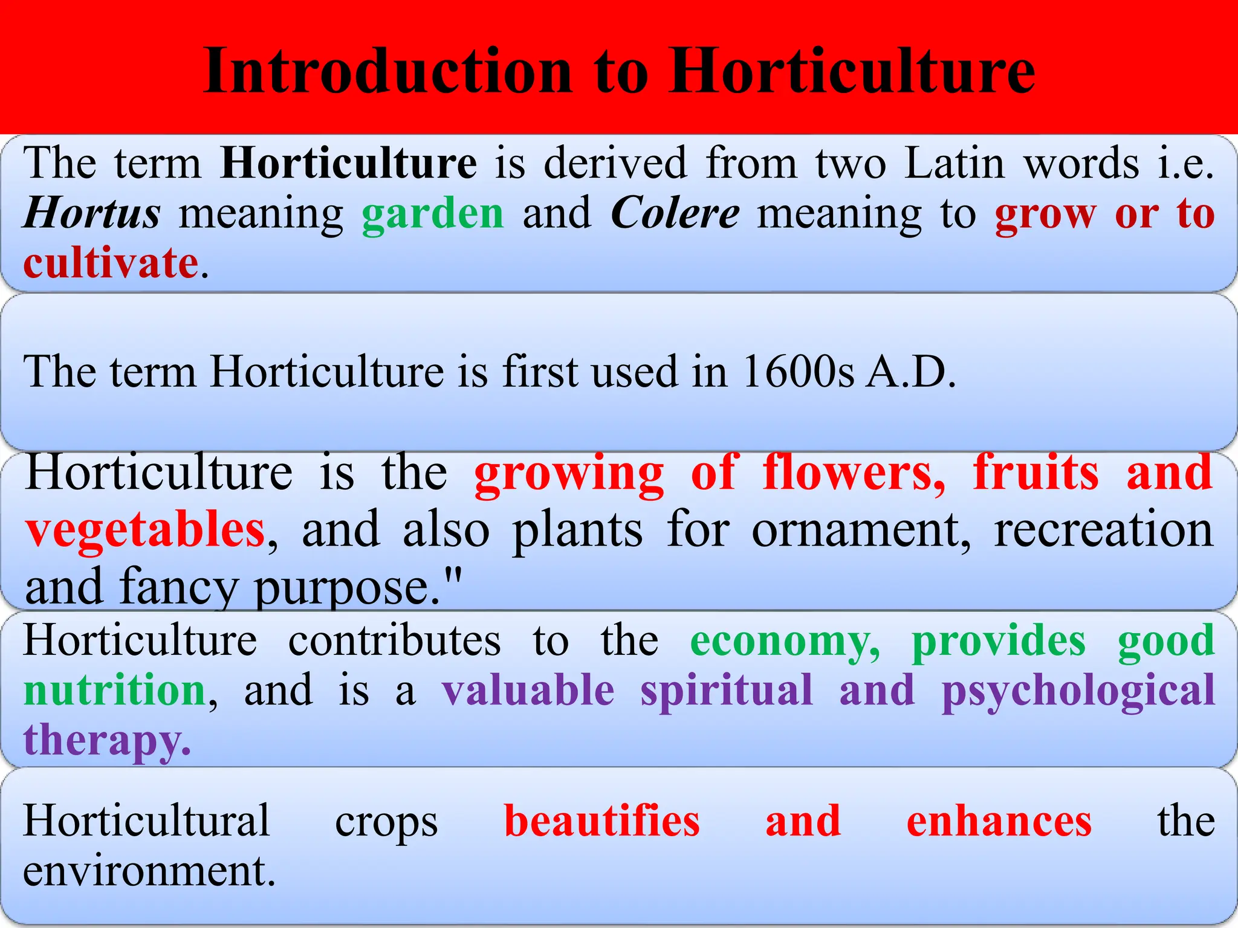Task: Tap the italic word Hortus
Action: pyautogui.click(x=92, y=213)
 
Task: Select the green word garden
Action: pyautogui.click(x=433, y=213)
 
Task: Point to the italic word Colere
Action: pyautogui.click(x=675, y=213)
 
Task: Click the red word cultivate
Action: pyautogui.click(x=111, y=263)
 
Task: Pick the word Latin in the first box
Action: pyautogui.click(x=954, y=163)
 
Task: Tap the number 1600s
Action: pyautogui.click(x=798, y=371)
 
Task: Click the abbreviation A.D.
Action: pyautogui.click(x=911, y=371)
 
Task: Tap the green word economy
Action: pyautogui.click(x=785, y=641)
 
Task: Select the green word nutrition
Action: pyautogui.click(x=115, y=690)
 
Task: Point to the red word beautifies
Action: pyautogui.click(x=602, y=822)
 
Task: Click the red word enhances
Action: pyautogui.click(x=999, y=822)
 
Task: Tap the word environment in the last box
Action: pyautogui.click(x=149, y=871)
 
